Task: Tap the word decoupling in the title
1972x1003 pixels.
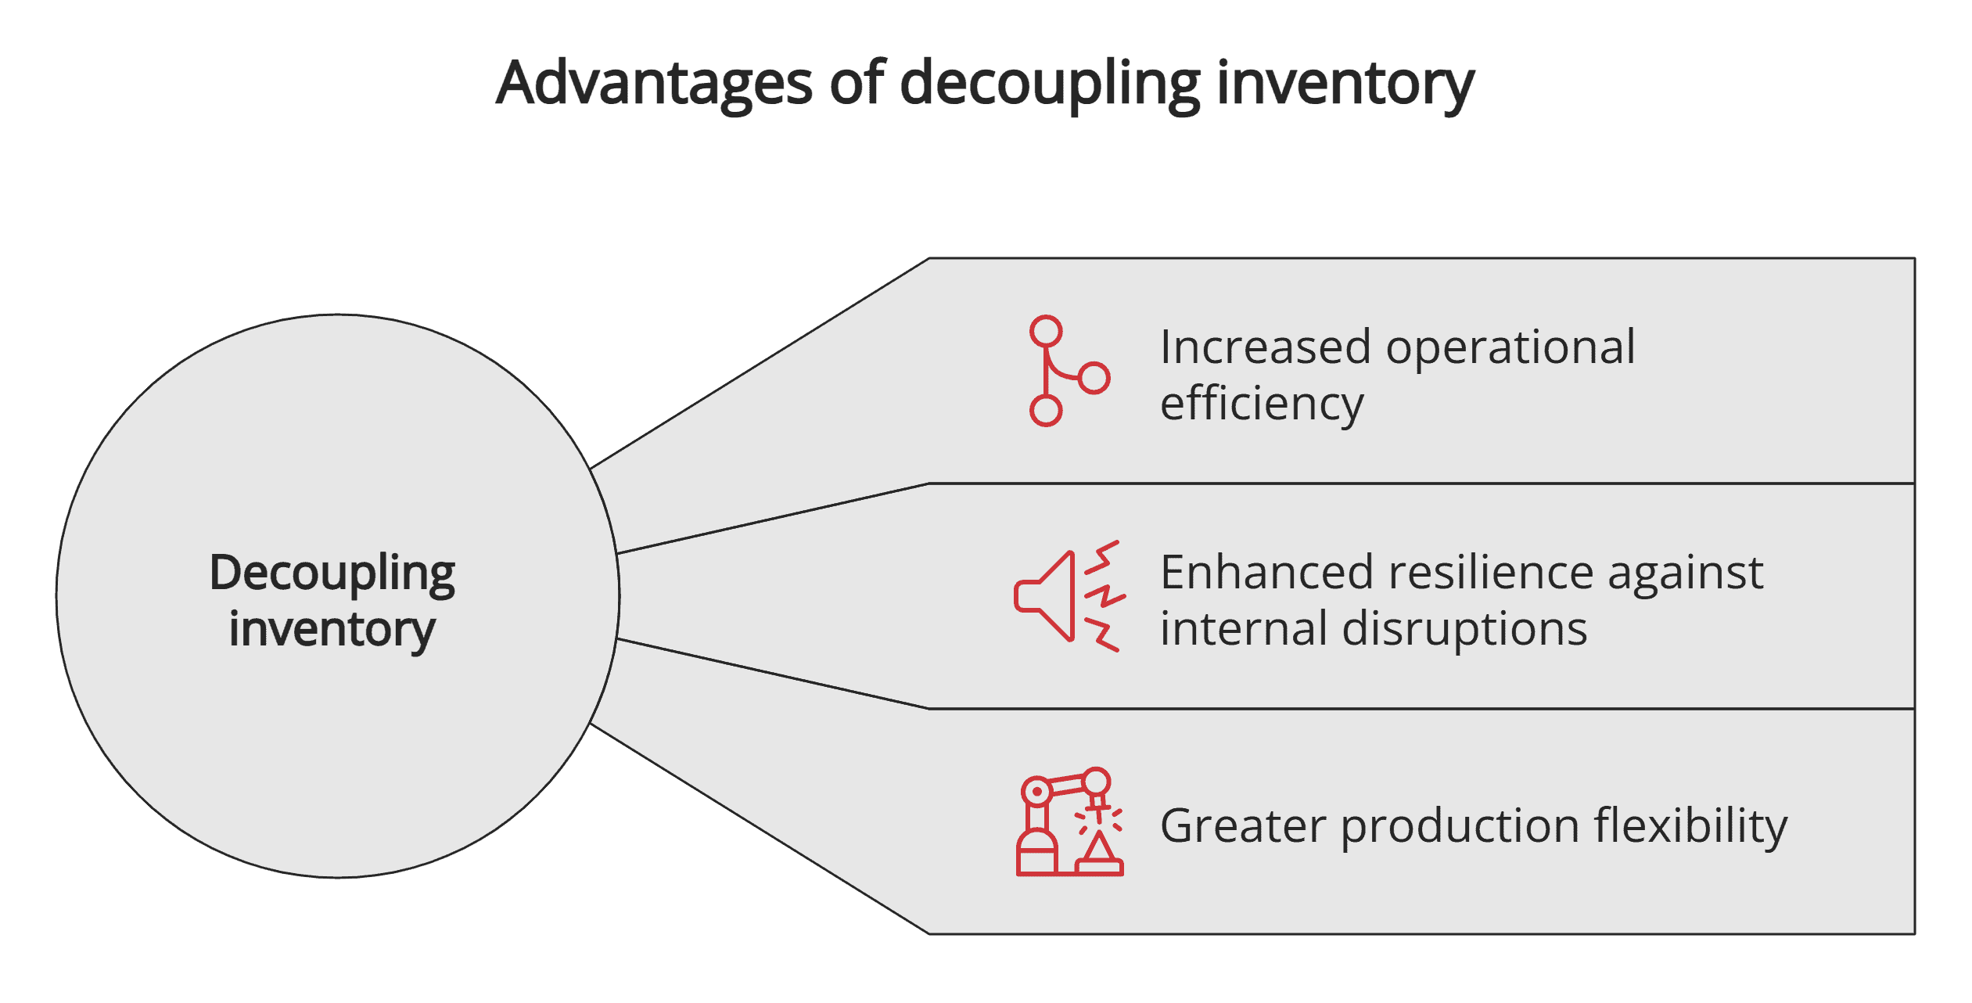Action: click(x=1050, y=84)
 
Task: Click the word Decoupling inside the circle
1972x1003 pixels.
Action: click(x=332, y=574)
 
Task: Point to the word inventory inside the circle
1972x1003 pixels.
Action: click(x=332, y=629)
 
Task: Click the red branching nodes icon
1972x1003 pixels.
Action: click(x=1068, y=371)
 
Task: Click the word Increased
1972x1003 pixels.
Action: click(x=1265, y=347)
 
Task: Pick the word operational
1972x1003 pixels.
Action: click(x=1510, y=348)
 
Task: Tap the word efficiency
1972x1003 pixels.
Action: click(x=1262, y=404)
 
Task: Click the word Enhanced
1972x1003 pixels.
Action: click(x=1266, y=572)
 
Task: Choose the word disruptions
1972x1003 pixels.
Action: click(x=1464, y=630)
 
